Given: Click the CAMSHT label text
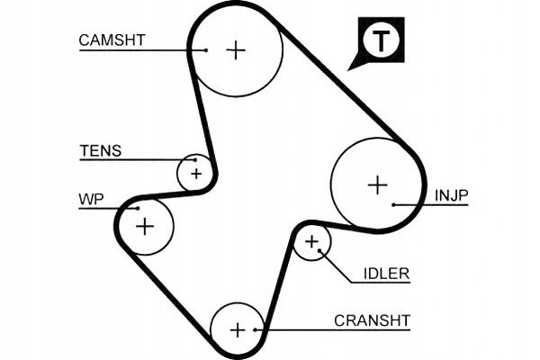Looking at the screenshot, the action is click(x=112, y=40).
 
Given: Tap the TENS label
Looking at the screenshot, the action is click(x=101, y=151).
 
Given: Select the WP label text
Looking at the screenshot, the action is click(x=91, y=199).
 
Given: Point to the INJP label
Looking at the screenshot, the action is click(x=452, y=195).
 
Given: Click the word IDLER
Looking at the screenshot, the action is click(x=387, y=274).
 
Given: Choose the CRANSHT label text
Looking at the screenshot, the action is click(x=373, y=320).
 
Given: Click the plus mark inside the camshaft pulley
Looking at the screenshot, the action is click(x=236, y=50).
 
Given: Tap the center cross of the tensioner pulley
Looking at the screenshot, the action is click(x=196, y=174).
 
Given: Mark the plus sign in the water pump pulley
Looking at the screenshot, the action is click(x=145, y=227).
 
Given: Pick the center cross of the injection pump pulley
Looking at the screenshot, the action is click(x=378, y=185).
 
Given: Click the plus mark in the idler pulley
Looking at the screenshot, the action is click(x=311, y=242).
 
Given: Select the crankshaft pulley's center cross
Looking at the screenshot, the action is click(x=238, y=330).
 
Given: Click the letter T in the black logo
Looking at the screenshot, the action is click(x=381, y=40).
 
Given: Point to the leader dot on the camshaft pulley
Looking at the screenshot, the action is click(x=206, y=50).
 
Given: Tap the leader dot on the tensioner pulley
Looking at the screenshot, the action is click(x=195, y=160).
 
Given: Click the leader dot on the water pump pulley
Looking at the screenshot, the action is click(x=138, y=208).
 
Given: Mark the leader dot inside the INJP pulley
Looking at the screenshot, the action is click(x=393, y=205).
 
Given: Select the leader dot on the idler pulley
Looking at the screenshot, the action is click(x=319, y=250).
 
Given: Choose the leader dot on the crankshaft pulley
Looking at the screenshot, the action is click(x=255, y=330).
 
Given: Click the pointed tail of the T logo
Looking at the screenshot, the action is click(x=347, y=70).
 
